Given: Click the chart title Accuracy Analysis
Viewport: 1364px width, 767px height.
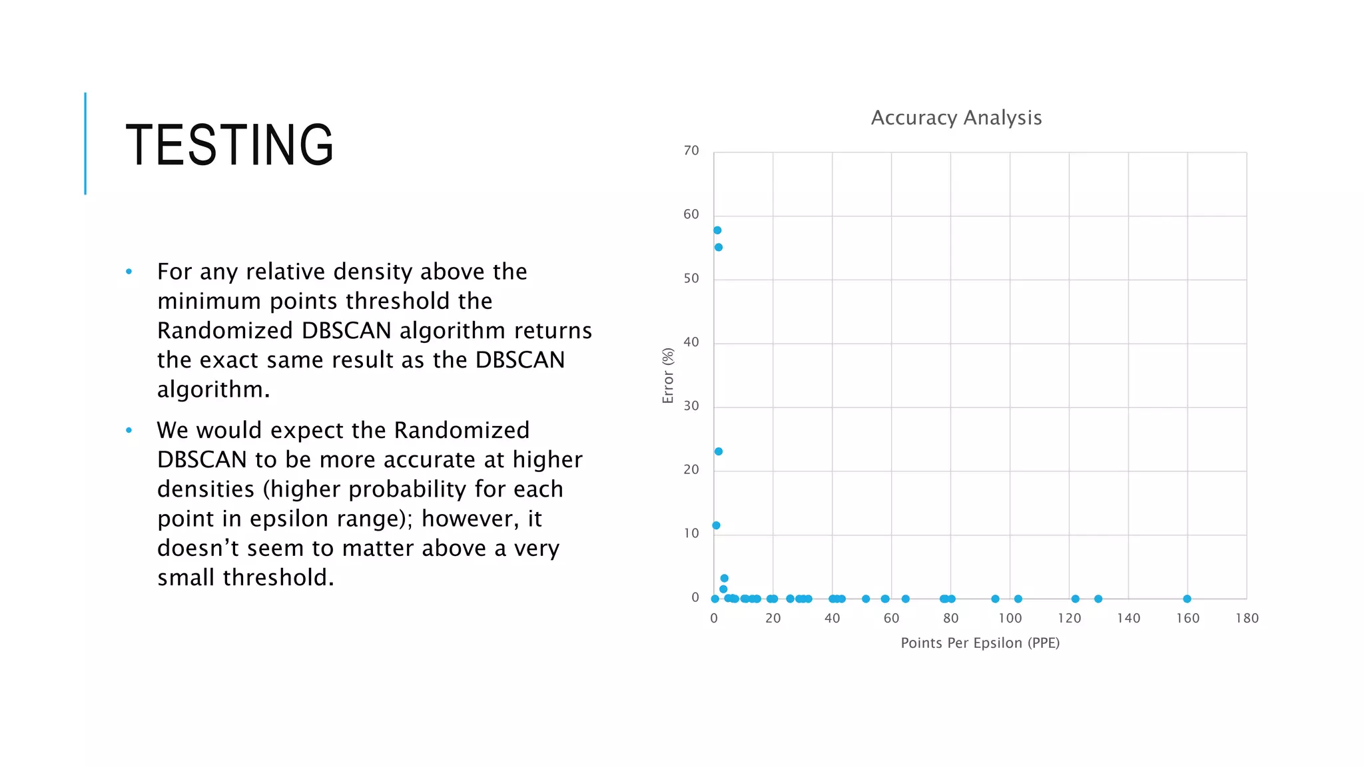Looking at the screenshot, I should [956, 118].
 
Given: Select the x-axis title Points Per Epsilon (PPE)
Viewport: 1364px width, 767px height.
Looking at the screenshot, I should [980, 643].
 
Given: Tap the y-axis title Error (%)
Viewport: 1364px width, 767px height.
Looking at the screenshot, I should [668, 376].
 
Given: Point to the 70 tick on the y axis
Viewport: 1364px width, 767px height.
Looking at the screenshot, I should [691, 151].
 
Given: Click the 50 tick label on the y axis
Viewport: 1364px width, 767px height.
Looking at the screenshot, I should [691, 279].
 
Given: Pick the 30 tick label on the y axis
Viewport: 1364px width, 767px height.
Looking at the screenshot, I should [691, 406].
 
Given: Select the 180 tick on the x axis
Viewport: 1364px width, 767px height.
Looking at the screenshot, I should [1247, 619].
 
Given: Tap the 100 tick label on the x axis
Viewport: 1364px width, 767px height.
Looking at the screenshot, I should [1010, 619].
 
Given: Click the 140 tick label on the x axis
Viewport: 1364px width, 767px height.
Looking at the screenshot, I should [1128, 619].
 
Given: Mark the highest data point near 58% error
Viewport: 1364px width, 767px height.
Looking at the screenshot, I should [717, 230].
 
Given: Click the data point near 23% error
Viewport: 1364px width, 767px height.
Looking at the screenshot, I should [719, 451].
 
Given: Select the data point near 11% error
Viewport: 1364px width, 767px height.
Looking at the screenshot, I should [716, 525].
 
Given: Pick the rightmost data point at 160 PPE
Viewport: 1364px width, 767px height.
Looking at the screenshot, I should [1187, 599].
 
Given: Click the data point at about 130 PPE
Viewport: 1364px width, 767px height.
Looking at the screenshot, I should [1098, 599].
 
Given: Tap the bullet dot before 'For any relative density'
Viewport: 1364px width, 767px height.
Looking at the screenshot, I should [129, 272].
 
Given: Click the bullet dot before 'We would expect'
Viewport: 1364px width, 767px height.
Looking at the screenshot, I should [129, 431].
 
